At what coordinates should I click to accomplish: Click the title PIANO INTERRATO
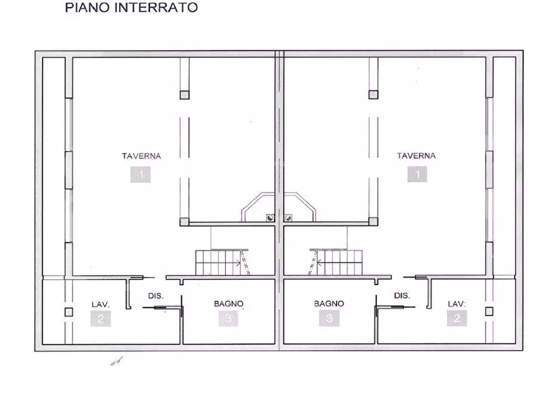point(131,8)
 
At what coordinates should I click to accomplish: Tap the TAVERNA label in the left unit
point(141,156)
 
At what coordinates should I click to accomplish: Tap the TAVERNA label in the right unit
point(416,156)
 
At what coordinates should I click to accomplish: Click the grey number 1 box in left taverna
point(141,174)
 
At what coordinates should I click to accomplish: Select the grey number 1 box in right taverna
point(416,174)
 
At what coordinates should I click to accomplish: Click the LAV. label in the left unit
point(100,304)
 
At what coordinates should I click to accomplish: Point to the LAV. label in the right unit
point(457,304)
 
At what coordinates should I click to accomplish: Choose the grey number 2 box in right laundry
point(457,318)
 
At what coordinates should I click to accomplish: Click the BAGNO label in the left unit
point(228,303)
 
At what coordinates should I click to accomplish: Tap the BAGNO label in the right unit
point(329,303)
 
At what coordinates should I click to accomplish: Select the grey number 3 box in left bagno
point(228,318)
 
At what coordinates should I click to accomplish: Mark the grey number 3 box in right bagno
point(329,318)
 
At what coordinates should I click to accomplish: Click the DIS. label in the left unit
point(156,295)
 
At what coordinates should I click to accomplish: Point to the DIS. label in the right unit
point(402,295)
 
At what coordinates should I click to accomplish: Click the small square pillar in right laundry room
point(489,312)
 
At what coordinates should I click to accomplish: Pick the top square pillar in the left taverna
point(184,95)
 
